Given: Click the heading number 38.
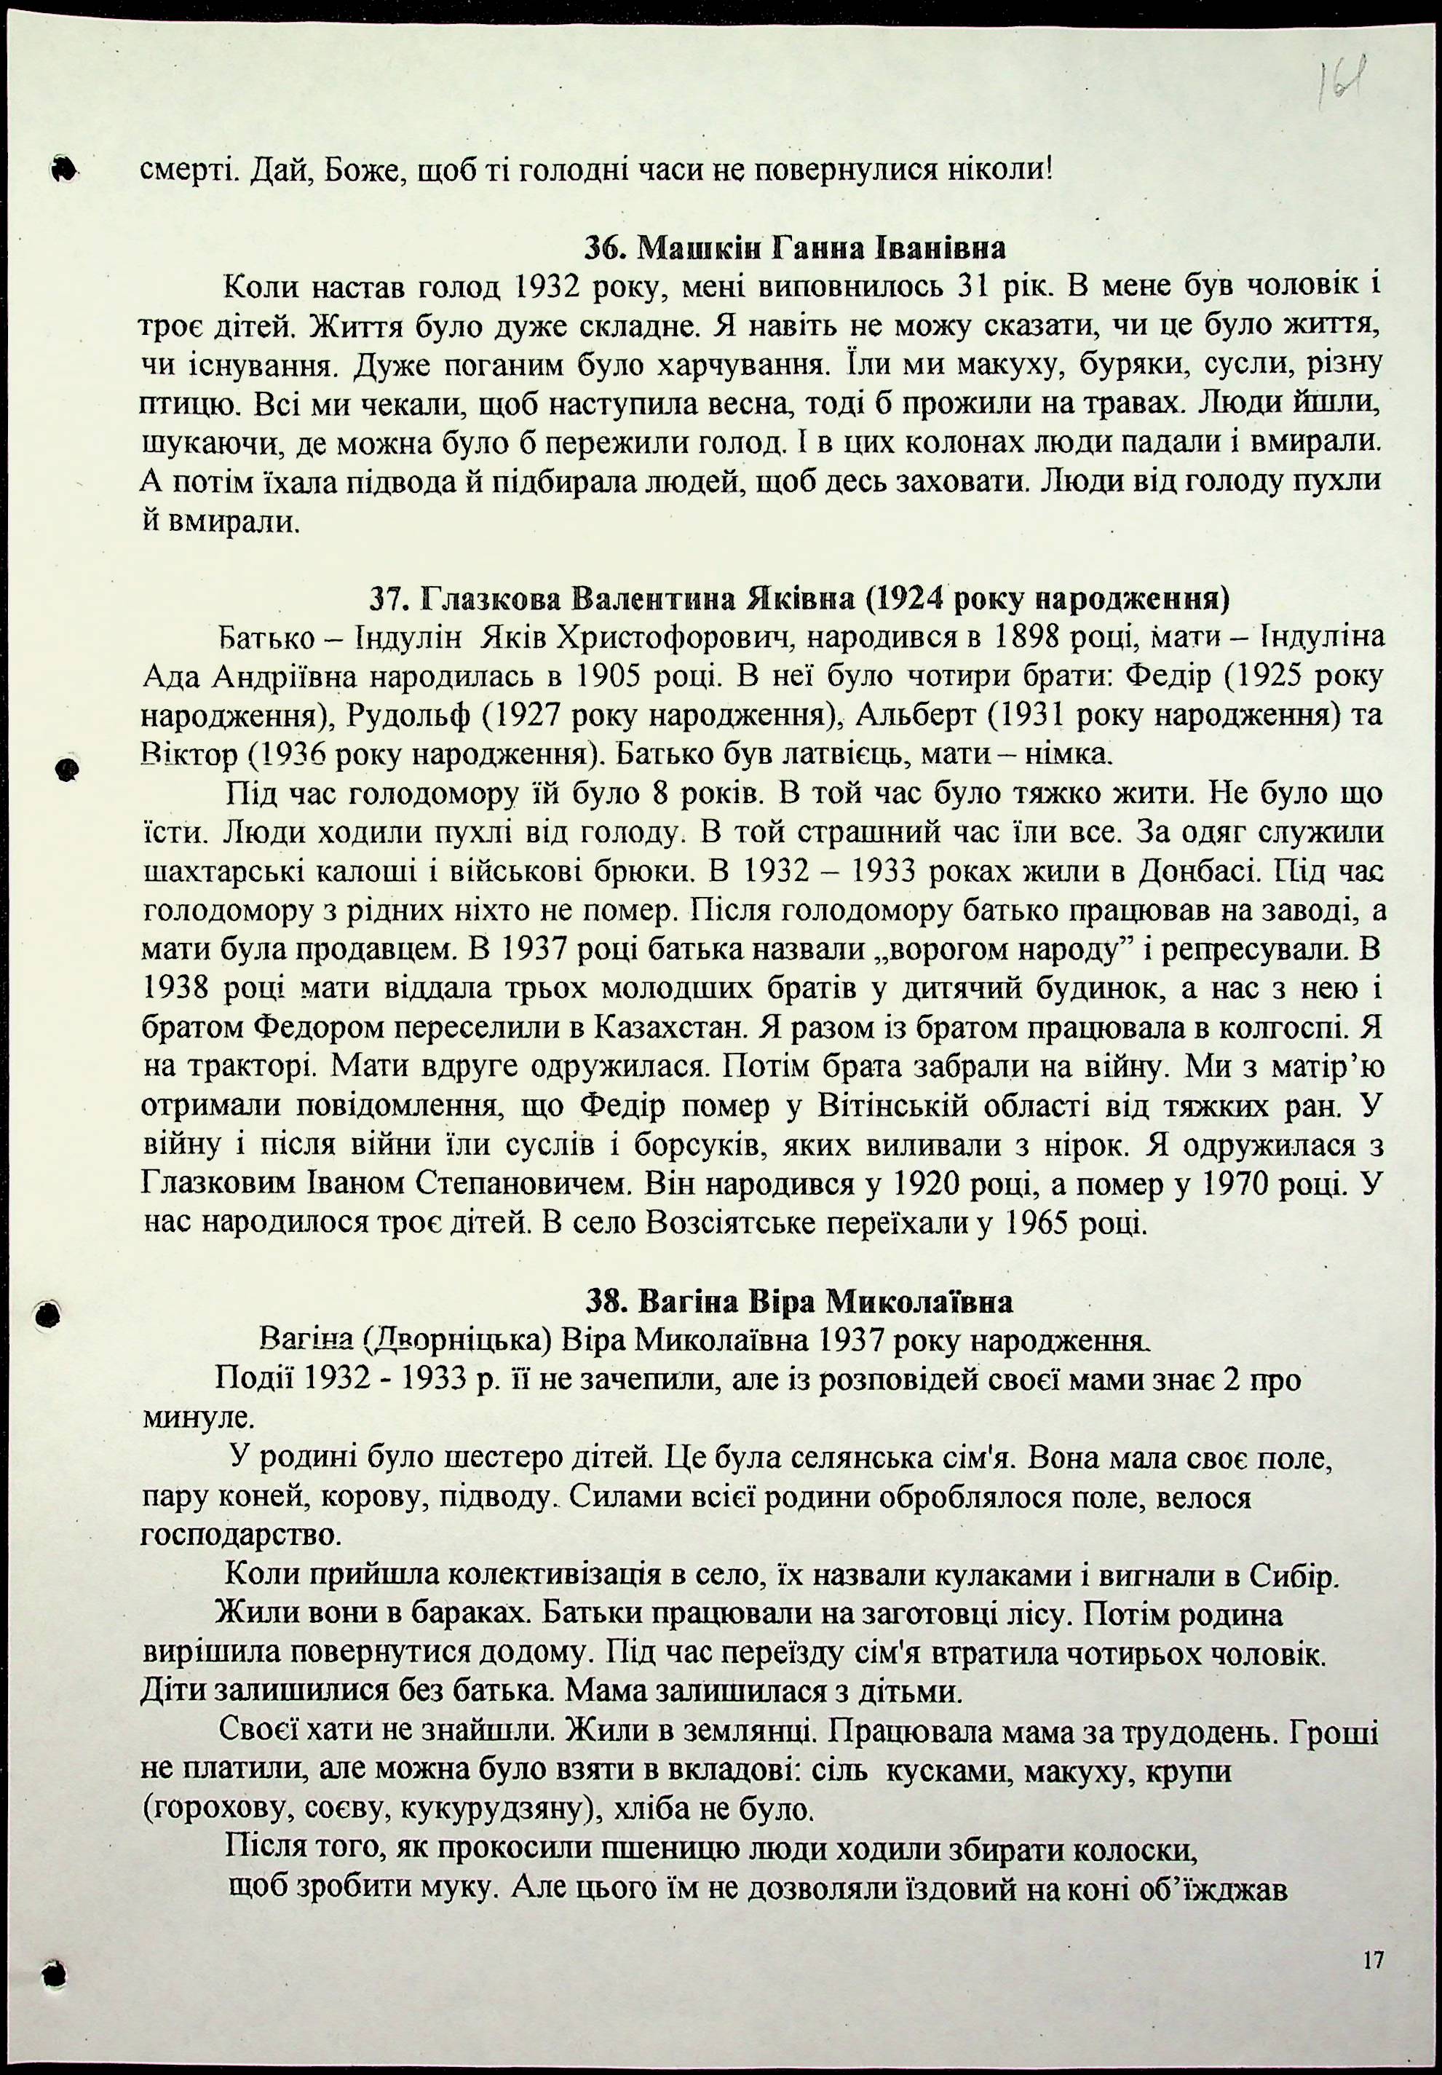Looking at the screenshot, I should point(603,1303).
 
